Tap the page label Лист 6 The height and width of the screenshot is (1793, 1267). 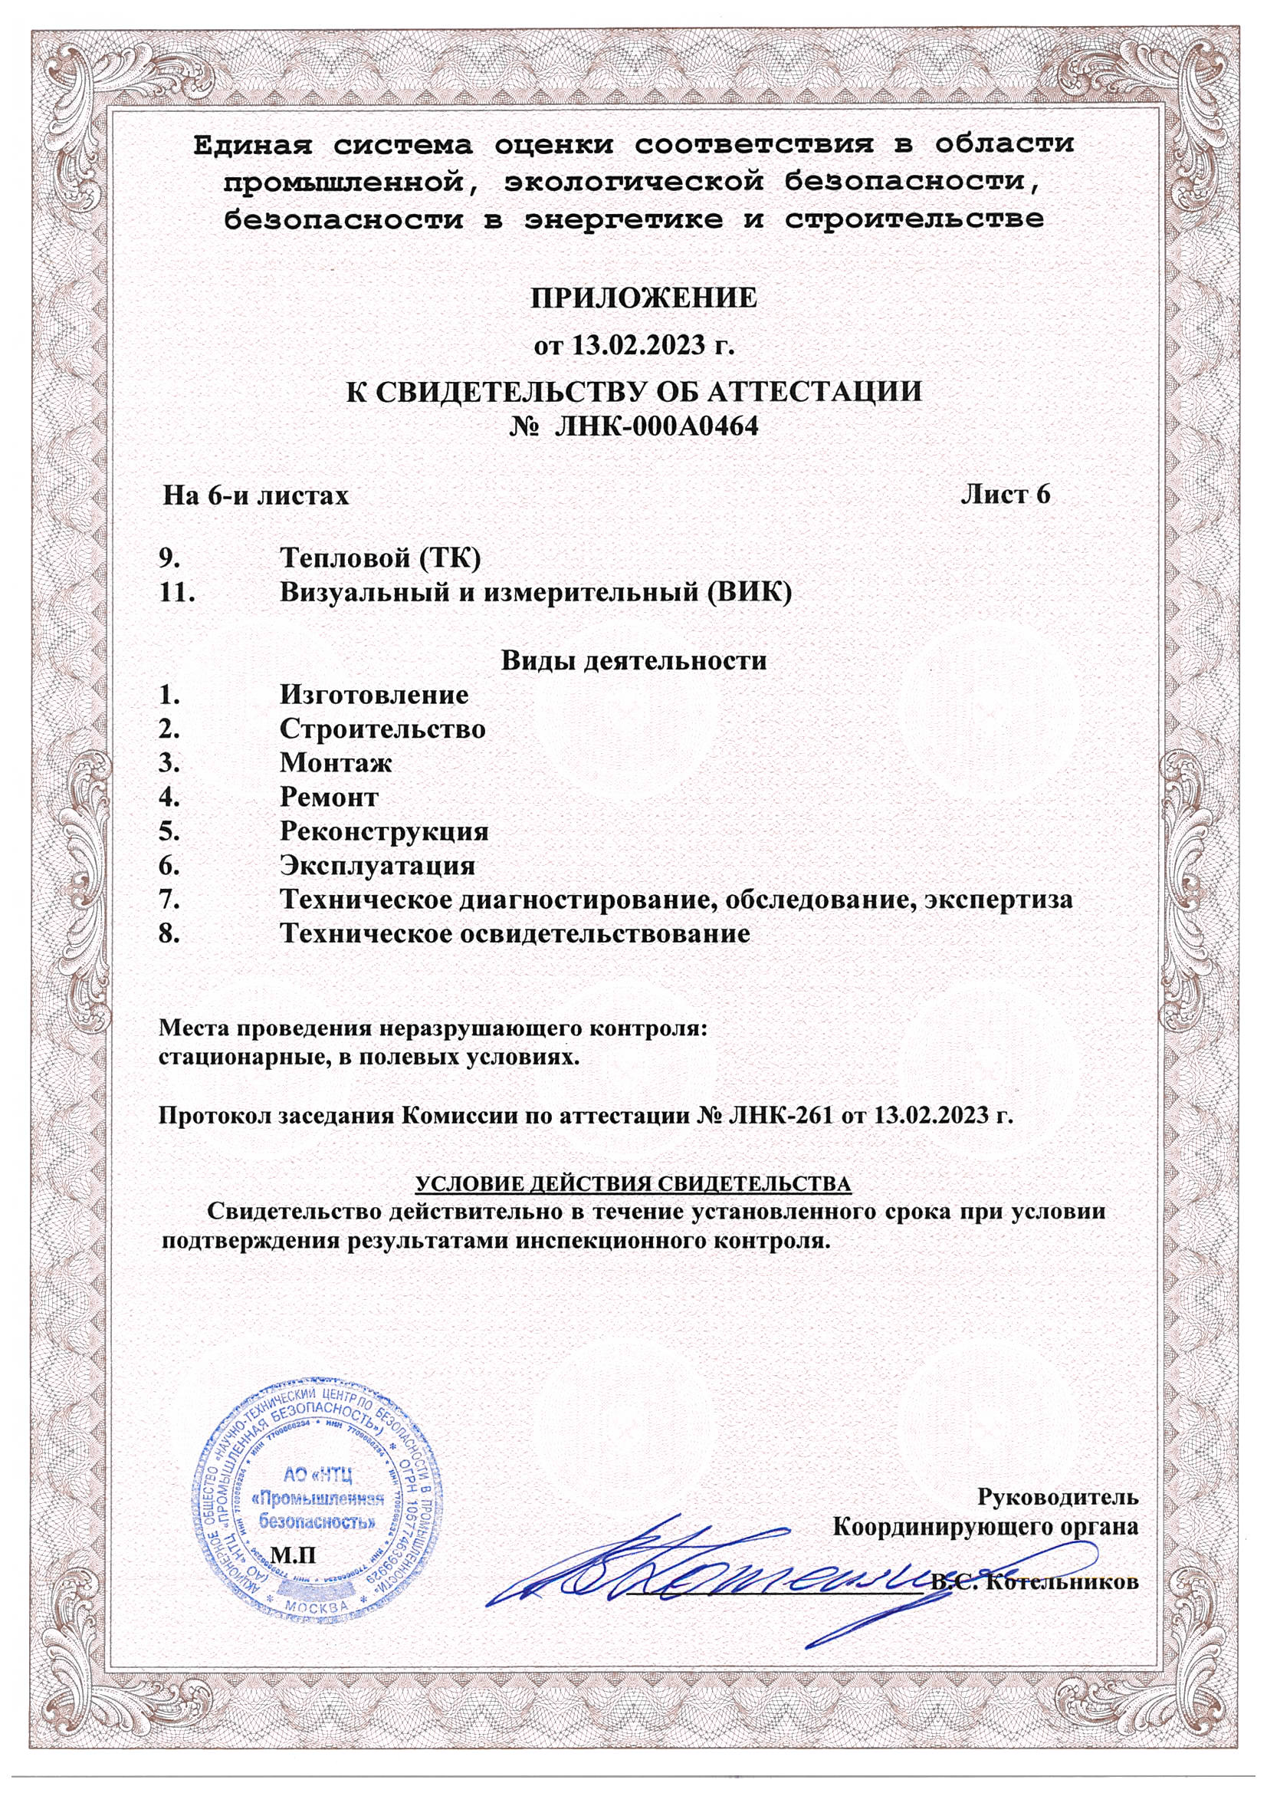[1006, 495]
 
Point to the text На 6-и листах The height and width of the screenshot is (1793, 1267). [255, 496]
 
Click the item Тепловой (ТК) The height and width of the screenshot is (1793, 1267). [379, 558]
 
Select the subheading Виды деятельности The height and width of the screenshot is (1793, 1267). [633, 660]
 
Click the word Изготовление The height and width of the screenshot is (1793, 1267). [375, 694]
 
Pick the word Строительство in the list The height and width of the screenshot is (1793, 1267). [382, 729]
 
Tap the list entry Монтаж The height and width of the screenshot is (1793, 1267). [336, 763]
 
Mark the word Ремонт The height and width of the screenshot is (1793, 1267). [329, 798]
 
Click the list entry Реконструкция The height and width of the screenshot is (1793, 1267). [384, 831]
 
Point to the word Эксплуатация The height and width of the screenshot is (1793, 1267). [378, 866]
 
